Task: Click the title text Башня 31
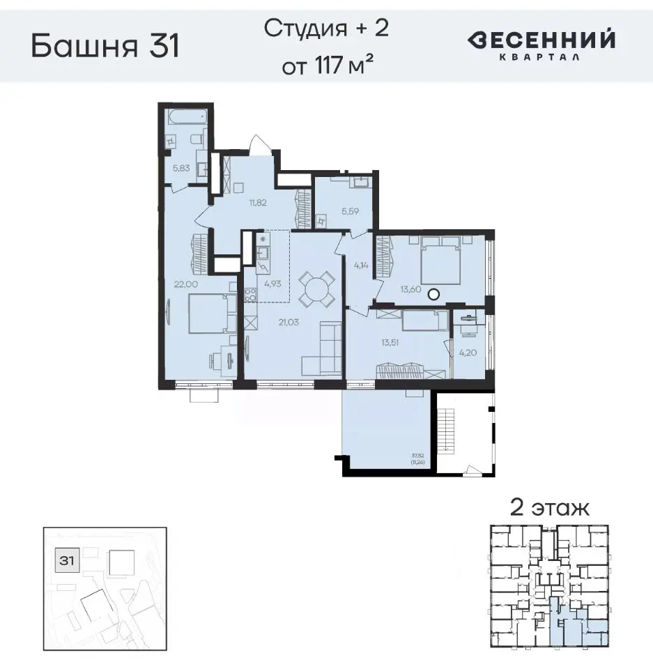coord(105,47)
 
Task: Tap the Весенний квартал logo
coord(541,43)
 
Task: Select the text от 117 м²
coord(325,68)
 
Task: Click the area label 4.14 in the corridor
coord(360,264)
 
